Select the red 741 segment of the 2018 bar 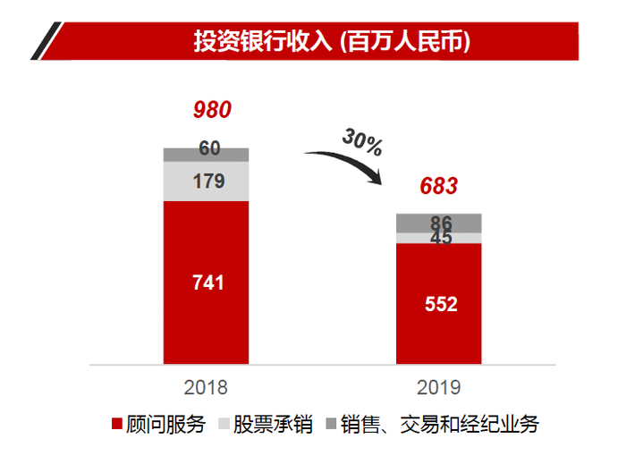(206, 313)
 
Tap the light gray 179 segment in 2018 (206, 182)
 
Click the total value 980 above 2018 (212, 110)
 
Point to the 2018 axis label (206, 387)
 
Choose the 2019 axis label (439, 387)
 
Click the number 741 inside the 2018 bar (207, 283)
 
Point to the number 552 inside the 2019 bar (440, 304)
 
